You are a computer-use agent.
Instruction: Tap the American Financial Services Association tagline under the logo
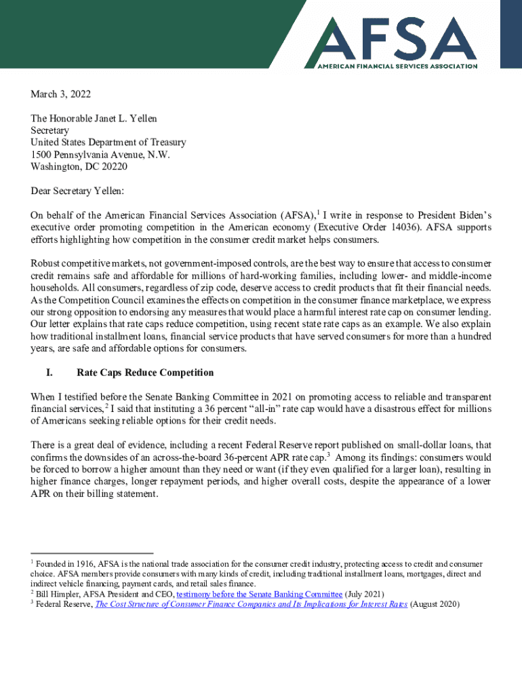click(x=398, y=66)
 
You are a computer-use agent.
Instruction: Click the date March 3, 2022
click(x=61, y=94)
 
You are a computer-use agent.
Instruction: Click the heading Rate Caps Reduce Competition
click(x=145, y=373)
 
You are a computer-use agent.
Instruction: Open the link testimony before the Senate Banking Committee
click(x=259, y=594)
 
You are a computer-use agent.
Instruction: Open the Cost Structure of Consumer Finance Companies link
click(x=251, y=604)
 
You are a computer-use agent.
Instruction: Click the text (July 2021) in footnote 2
click(x=365, y=594)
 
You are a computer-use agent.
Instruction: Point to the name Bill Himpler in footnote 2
click(x=58, y=594)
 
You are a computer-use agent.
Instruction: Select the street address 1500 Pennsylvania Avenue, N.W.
click(x=100, y=155)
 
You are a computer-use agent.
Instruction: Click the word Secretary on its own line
click(x=50, y=130)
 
